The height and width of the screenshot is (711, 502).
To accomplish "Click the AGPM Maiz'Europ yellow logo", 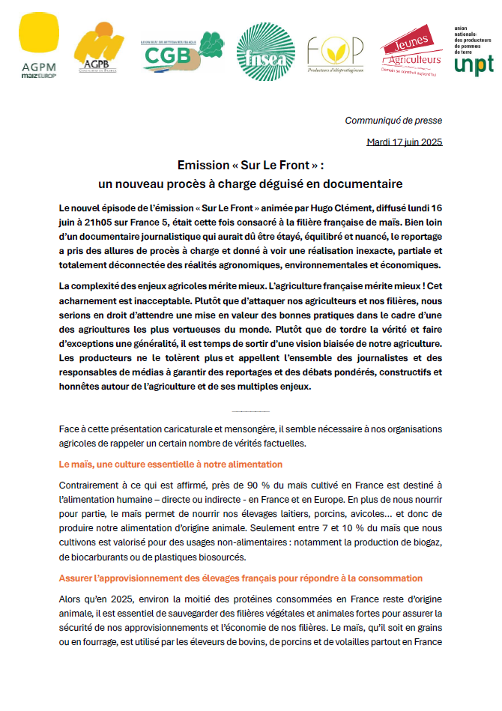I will [39, 46].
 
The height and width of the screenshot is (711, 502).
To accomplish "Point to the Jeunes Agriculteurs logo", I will [411, 50].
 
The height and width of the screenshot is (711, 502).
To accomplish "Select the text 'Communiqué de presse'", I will [393, 121].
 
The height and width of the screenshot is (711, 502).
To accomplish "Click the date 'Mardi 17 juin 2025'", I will [404, 142].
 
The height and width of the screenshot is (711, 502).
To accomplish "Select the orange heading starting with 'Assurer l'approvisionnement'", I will [241, 578].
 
